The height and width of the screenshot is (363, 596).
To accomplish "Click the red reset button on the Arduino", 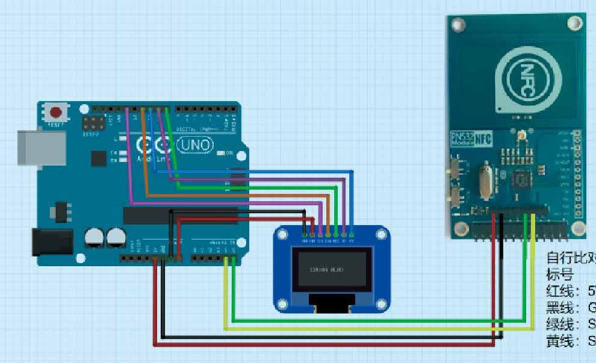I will click(56, 113).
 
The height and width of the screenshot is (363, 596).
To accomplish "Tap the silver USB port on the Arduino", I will click(40, 147).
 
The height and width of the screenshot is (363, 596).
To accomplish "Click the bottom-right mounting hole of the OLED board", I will click(380, 305).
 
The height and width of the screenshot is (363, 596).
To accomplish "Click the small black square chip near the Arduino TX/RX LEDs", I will click(98, 158).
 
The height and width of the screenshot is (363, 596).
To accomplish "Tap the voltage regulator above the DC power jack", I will click(61, 210).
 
